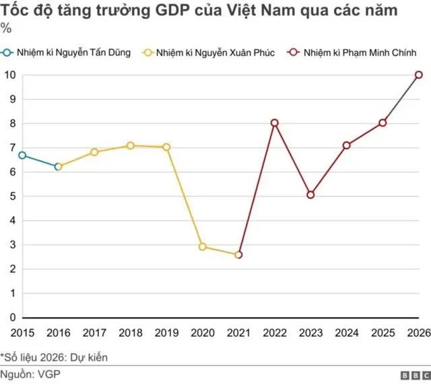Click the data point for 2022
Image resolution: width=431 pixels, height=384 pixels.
click(274, 123)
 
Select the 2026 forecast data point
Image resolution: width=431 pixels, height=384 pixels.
click(419, 75)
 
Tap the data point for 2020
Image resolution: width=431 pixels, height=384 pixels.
click(203, 247)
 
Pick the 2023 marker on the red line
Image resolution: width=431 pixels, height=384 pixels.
click(310, 195)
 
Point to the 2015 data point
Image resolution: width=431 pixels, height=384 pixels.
click(22, 155)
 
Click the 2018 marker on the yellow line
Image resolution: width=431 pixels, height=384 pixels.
click(130, 145)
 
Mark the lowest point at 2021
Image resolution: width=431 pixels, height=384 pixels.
click(238, 255)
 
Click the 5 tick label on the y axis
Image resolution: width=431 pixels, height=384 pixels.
click(12, 196)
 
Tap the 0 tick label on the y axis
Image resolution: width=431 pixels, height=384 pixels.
click(12, 318)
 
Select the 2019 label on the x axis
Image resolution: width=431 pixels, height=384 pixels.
click(166, 332)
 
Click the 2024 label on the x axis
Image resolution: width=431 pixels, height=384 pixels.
click(347, 332)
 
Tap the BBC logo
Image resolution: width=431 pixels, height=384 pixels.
click(416, 375)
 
